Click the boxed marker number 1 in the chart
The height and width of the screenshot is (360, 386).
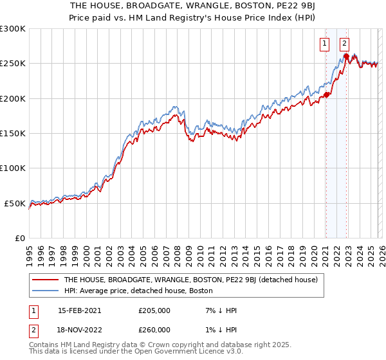[x=324, y=44]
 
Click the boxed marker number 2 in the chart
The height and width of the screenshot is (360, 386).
[x=344, y=44]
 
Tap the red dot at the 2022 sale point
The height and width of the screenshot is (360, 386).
[x=346, y=57]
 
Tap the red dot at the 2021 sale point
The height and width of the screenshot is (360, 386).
[x=326, y=95]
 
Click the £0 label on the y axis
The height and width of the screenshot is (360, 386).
[x=21, y=238]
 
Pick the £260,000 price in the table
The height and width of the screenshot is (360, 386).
[x=154, y=329]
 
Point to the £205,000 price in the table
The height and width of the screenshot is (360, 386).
[x=154, y=310]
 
